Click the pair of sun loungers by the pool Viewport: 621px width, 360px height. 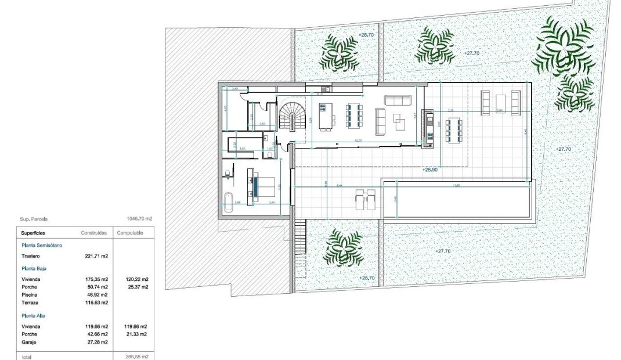point(365,198)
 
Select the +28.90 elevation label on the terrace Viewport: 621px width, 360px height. point(429,171)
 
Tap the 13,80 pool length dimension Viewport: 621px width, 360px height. point(456,185)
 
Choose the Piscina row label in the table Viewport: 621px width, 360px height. point(30,294)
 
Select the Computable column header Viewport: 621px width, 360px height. point(131,232)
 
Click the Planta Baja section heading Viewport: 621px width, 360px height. point(34,269)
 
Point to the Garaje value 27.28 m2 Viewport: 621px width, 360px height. point(96,342)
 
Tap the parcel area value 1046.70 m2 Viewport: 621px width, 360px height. point(139,219)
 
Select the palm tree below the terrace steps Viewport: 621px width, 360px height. point(343,247)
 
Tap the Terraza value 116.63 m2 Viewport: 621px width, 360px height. point(96,302)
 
